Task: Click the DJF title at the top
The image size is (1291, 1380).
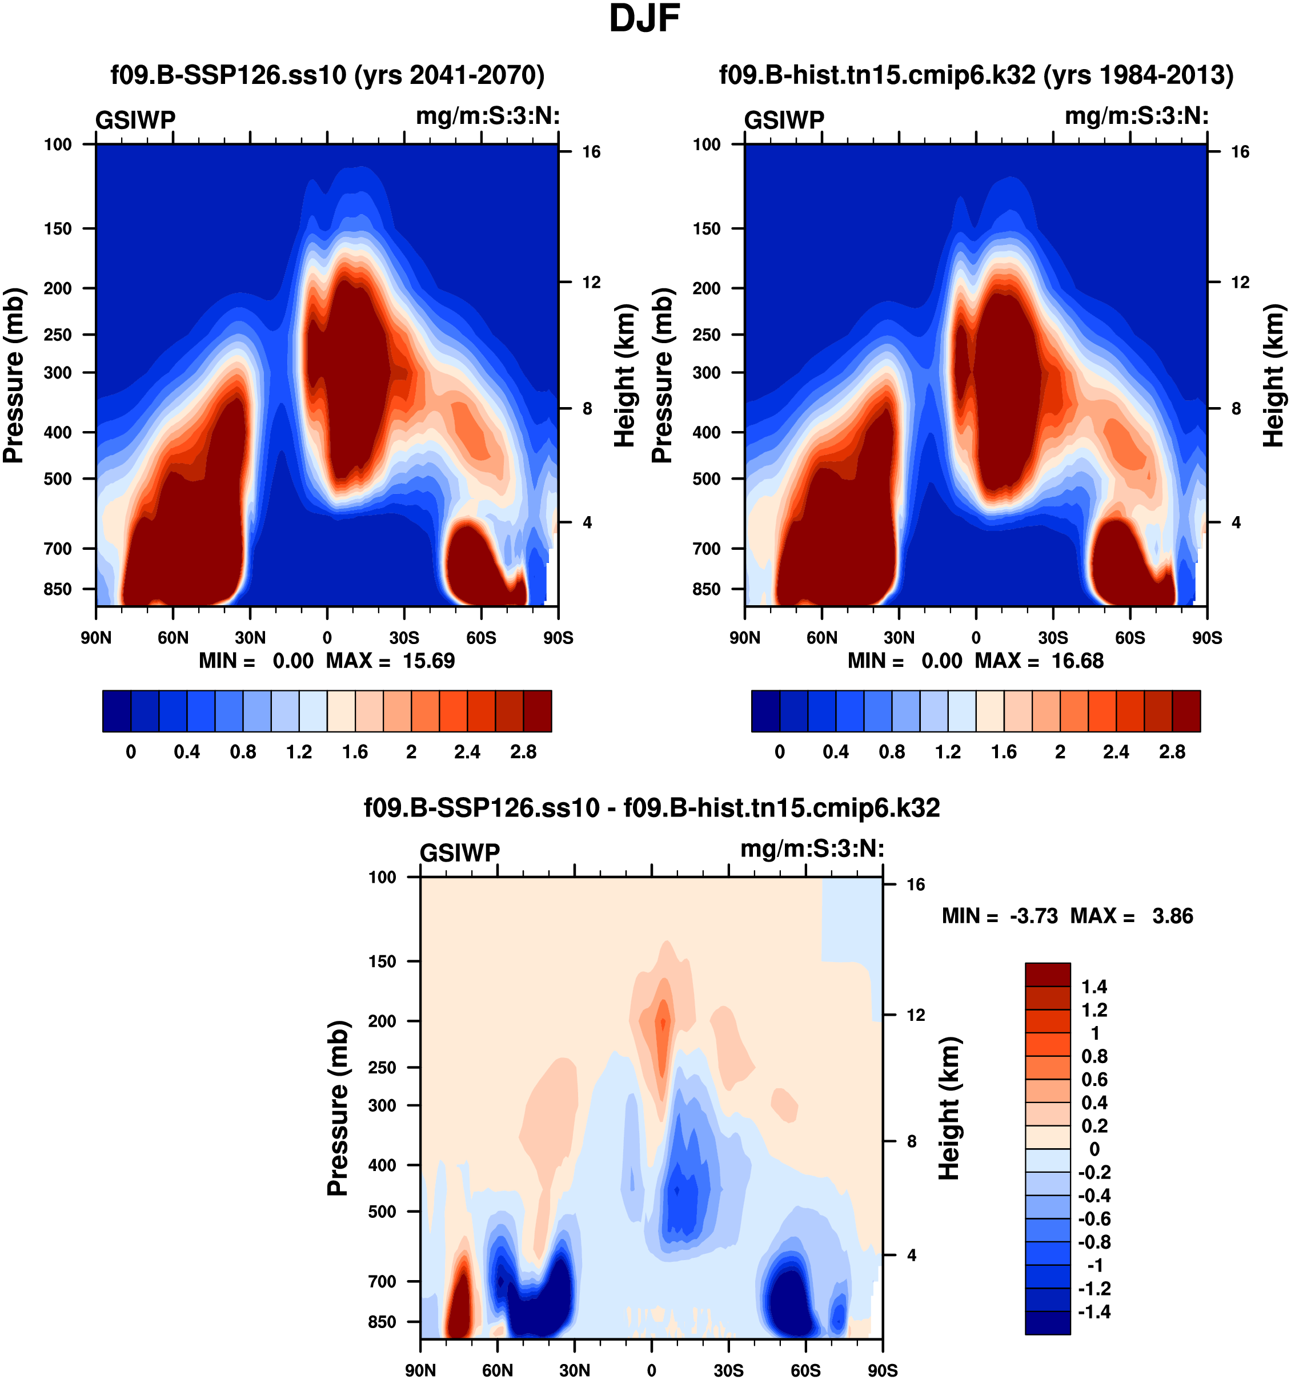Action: pyautogui.click(x=644, y=19)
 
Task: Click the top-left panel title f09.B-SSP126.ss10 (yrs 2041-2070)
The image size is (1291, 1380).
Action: pyautogui.click(x=327, y=75)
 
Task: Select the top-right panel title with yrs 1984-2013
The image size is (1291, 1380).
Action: pyautogui.click(x=976, y=75)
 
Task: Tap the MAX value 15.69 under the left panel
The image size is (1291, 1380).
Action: pyautogui.click(x=428, y=661)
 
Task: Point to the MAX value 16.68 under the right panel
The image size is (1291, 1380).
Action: pyautogui.click(x=1077, y=661)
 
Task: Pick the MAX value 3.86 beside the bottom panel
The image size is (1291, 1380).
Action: pyautogui.click(x=1172, y=916)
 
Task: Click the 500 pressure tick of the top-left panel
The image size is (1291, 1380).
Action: pyautogui.click(x=58, y=479)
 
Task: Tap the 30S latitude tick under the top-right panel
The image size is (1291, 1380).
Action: pyautogui.click(x=1053, y=638)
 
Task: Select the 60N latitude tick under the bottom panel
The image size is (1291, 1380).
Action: pyautogui.click(x=497, y=1370)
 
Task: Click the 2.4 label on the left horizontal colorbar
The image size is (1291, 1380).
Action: pyautogui.click(x=467, y=752)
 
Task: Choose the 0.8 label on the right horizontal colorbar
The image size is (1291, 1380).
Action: pyautogui.click(x=892, y=752)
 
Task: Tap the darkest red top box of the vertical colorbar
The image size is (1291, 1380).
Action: pyautogui.click(x=1047, y=975)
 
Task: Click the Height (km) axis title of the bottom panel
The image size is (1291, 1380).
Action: pyautogui.click(x=949, y=1109)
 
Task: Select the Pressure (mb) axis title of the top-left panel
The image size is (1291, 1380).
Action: pyautogui.click(x=14, y=375)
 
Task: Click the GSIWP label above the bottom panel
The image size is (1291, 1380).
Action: pyautogui.click(x=460, y=852)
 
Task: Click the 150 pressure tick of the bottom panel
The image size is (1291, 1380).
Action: pyautogui.click(x=382, y=961)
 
